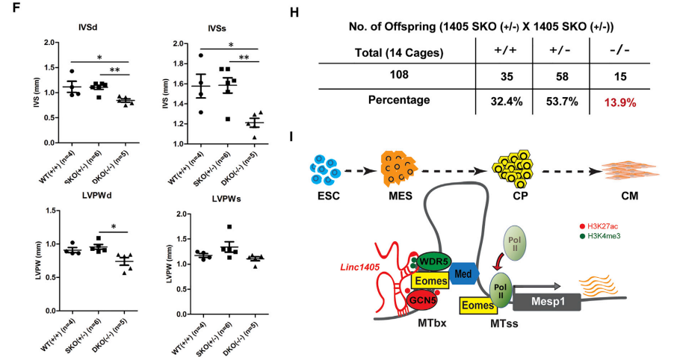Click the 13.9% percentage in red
[x=619, y=102]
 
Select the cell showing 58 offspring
[x=562, y=77]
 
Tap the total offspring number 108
[x=398, y=75]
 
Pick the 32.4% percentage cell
[x=507, y=102]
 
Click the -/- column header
[x=619, y=51]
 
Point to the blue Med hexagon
[x=464, y=273]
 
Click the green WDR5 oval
[x=433, y=261]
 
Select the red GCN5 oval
[x=422, y=300]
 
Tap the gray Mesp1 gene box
[x=547, y=301]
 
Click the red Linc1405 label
[x=359, y=267]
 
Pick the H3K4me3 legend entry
[x=600, y=236]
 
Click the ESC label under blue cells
[x=329, y=196]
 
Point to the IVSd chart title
[x=87, y=27]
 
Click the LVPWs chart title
[x=226, y=199]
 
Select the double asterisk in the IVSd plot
[x=114, y=70]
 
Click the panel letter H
[x=294, y=13]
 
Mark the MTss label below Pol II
[x=504, y=323]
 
